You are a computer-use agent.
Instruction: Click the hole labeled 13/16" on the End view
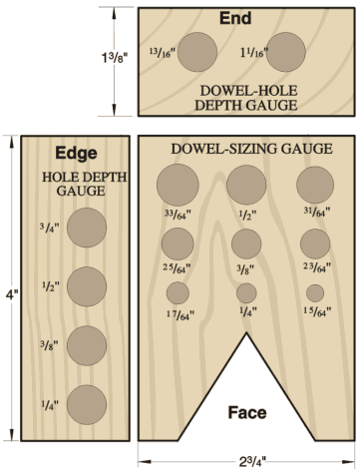[197, 52]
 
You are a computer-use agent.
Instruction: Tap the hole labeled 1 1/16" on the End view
[286, 52]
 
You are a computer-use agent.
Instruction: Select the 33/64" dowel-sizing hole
[178, 185]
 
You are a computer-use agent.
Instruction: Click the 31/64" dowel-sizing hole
[315, 185]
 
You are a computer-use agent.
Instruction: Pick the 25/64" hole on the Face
[178, 243]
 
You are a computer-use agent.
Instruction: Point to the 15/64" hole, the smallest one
[315, 293]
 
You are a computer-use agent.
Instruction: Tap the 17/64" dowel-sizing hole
[178, 293]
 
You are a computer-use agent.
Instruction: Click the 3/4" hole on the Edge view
[87, 228]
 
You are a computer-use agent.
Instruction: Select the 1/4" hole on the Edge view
[87, 405]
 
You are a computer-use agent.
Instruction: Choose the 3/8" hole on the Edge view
[87, 345]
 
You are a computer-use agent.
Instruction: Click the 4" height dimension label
[12, 294]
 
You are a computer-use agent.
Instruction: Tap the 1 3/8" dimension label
[115, 58]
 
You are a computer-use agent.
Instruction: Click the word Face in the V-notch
[247, 412]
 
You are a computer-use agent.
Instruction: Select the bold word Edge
[77, 154]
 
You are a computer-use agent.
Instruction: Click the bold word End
[235, 18]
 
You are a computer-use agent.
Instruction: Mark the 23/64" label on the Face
[316, 267]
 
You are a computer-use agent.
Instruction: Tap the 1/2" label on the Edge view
[51, 285]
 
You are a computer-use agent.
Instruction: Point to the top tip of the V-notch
[246, 332]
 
